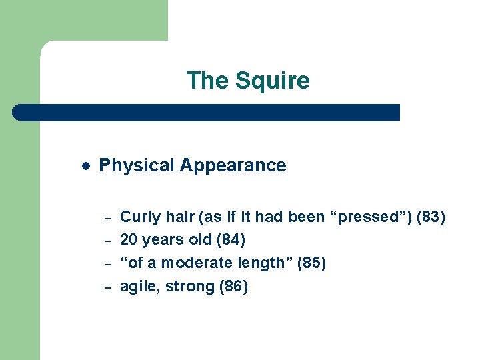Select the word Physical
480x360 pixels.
click(137, 165)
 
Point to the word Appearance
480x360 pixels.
click(234, 165)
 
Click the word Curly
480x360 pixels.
click(140, 217)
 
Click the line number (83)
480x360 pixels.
click(431, 217)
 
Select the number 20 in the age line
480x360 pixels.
click(129, 239)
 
